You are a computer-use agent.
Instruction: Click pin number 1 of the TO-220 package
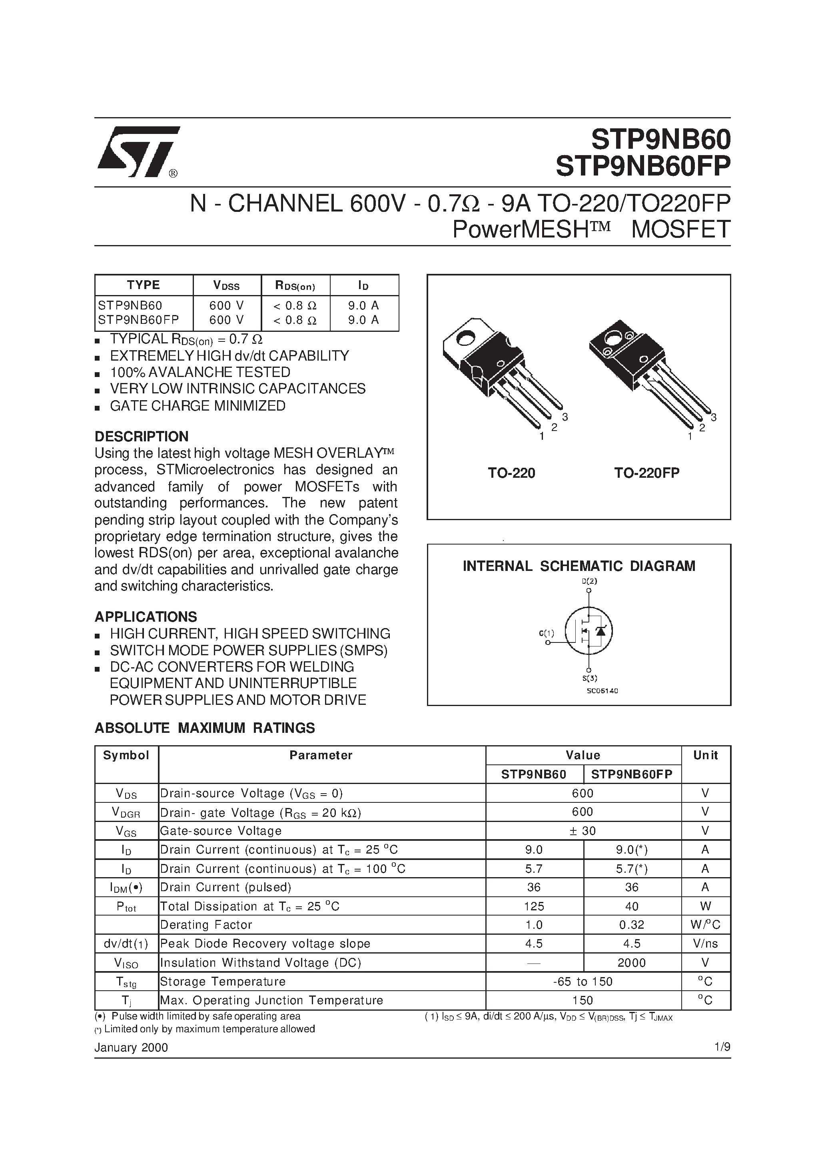tap(541, 436)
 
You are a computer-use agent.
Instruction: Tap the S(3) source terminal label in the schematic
tap(589, 678)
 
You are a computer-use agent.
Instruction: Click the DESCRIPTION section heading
tap(141, 436)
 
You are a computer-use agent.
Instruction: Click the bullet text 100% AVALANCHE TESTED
tap(200, 372)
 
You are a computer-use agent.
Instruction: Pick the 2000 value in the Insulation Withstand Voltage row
tap(631, 963)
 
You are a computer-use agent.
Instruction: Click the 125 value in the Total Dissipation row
tap(534, 906)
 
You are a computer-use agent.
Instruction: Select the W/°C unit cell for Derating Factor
tap(705, 925)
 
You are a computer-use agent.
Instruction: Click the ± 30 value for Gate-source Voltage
tap(582, 831)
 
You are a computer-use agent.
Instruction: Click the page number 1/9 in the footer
tap(722, 1047)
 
